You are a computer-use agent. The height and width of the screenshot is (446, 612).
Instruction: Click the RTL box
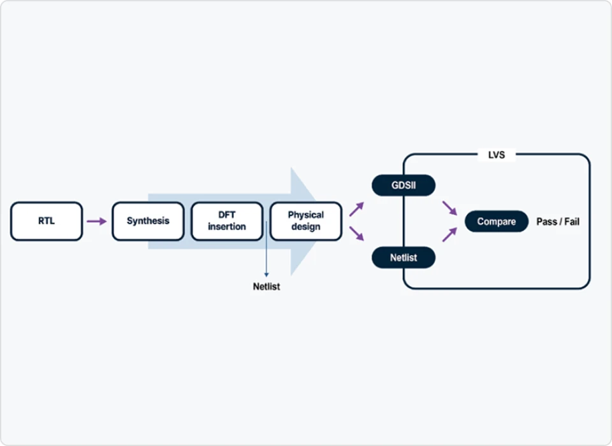pos(47,221)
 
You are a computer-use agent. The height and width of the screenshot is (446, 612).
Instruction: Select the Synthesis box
pos(148,221)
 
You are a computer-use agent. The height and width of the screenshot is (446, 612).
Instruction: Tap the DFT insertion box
pos(227,221)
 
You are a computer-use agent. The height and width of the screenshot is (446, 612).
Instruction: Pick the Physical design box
pos(305,221)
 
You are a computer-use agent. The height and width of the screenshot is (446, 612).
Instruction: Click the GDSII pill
pos(404,185)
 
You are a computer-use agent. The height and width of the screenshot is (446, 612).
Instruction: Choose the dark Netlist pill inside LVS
pos(404,257)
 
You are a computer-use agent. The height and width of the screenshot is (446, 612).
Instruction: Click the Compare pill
pos(497,222)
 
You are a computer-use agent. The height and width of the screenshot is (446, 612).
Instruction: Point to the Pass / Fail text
pos(558,222)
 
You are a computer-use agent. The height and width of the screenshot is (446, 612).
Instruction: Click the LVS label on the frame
pos(497,155)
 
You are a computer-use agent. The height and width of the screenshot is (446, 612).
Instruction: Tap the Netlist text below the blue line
pos(266,287)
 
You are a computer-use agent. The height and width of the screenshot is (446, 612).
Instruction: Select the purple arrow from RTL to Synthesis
pos(97,221)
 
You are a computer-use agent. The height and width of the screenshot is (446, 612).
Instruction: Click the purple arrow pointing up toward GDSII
pos(356,209)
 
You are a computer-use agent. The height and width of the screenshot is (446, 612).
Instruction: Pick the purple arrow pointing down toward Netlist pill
pos(356,233)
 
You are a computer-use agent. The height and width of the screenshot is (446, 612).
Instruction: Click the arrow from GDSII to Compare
pos(449,208)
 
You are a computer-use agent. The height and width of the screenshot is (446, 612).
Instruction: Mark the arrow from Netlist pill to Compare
pos(449,234)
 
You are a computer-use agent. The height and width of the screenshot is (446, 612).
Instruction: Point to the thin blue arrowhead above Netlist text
pos(266,275)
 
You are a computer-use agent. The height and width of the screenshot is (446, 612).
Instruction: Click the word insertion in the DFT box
pos(227,227)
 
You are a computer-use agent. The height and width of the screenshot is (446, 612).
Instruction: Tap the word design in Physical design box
pos(305,227)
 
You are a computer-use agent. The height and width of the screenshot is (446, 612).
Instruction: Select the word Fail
pos(572,222)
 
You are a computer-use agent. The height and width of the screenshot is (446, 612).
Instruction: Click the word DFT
pos(227,215)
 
